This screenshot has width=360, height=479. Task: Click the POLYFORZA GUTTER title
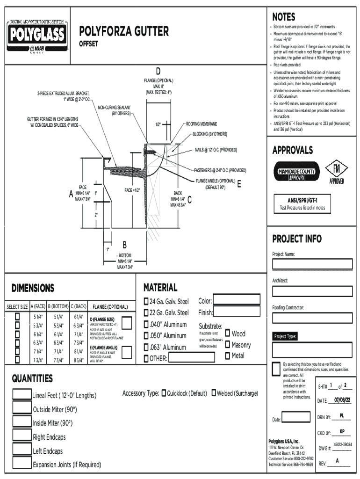[x=124, y=31]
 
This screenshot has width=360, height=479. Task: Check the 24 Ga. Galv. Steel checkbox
[x=146, y=301]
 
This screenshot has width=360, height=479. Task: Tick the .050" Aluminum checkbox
[x=146, y=335]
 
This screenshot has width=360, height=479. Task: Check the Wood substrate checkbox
[x=228, y=333]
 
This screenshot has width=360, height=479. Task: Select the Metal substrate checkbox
[x=228, y=356]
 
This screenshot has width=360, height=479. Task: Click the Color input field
[x=237, y=300]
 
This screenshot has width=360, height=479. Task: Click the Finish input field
[x=237, y=312]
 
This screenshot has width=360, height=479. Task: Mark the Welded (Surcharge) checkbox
[x=213, y=393]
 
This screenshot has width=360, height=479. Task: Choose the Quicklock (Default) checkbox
[x=164, y=393]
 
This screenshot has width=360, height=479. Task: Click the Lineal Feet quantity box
[x=22, y=394]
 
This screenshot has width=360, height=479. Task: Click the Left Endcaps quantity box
[x=22, y=450]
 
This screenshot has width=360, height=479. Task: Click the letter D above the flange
[x=158, y=71]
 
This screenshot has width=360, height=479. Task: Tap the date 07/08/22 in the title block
[x=342, y=400]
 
